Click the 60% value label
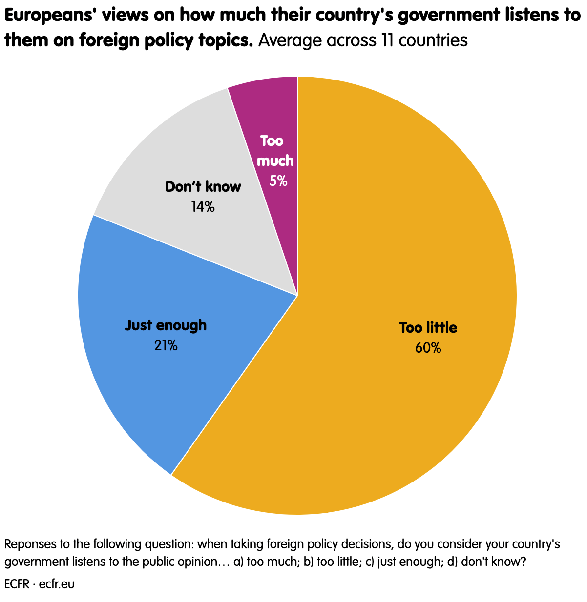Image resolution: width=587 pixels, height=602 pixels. tap(428, 348)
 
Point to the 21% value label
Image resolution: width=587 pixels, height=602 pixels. tap(166, 346)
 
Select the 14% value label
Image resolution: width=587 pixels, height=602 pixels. tap(203, 207)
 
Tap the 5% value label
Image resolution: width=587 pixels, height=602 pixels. tap(278, 181)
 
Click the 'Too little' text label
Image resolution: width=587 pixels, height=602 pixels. tap(428, 328)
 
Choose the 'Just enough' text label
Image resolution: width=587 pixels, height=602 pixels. tap(166, 325)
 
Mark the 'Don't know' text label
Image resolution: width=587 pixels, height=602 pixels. tap(203, 187)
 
